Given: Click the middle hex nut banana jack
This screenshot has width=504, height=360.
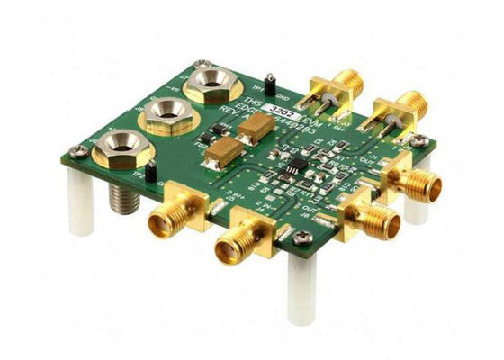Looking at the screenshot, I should click(164, 114).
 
